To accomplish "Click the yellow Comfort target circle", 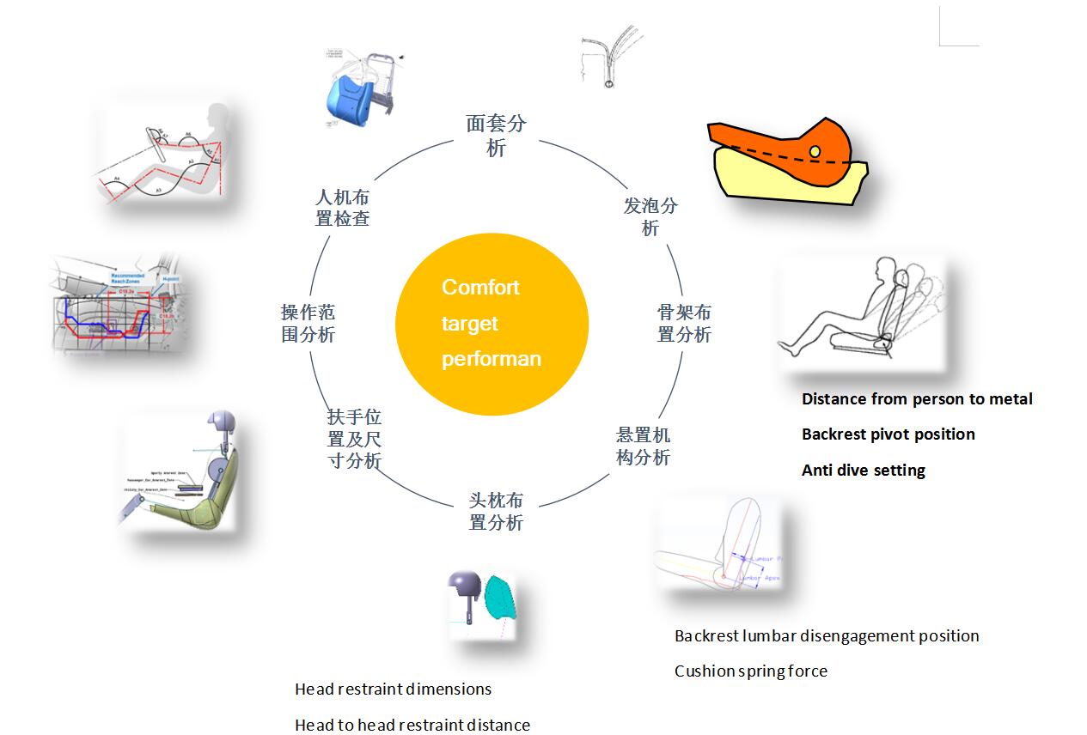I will point(492,324).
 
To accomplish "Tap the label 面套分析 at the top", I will point(496,136).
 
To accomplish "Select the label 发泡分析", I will point(650,216).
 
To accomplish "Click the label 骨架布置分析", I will point(684,323).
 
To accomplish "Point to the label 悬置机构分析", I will point(643,446).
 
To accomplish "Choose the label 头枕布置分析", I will point(496,511).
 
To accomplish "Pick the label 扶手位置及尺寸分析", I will point(354,439).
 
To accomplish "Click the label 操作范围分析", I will point(308,323).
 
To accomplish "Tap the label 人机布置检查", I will point(342,208).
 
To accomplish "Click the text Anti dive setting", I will point(863,471).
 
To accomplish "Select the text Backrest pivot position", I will point(888,434).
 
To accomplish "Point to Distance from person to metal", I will point(917,399).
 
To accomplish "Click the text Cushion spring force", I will point(750,671).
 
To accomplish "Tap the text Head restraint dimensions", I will point(393,689).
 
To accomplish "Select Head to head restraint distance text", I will point(412,726).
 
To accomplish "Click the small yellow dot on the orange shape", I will point(814,152).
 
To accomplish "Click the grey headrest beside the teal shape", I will point(464,586).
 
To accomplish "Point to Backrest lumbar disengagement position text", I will point(826,636).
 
